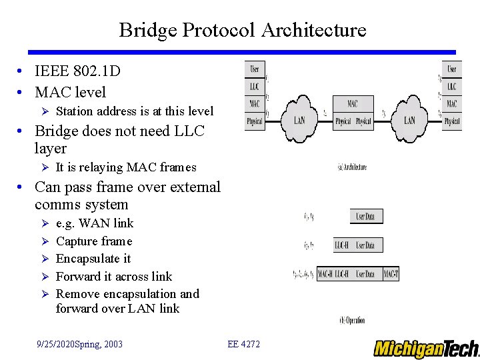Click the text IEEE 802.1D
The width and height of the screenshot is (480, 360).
coord(77,71)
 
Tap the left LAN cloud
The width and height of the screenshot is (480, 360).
coord(299,119)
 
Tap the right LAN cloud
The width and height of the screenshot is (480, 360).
coord(409,119)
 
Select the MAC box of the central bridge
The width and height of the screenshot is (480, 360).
coord(353,104)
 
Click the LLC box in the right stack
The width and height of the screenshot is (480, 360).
coord(452,87)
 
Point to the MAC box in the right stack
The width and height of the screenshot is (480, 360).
coord(452,104)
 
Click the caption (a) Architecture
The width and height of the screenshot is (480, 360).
coord(352,167)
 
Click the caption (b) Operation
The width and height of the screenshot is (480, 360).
coord(352,320)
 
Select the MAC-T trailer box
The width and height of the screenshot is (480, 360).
coord(391,273)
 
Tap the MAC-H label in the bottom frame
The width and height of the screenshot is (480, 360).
coord(325,273)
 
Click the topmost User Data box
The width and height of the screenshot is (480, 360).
coord(366,216)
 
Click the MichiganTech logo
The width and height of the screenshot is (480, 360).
coord(425,349)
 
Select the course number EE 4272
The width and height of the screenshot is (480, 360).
coord(243,344)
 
